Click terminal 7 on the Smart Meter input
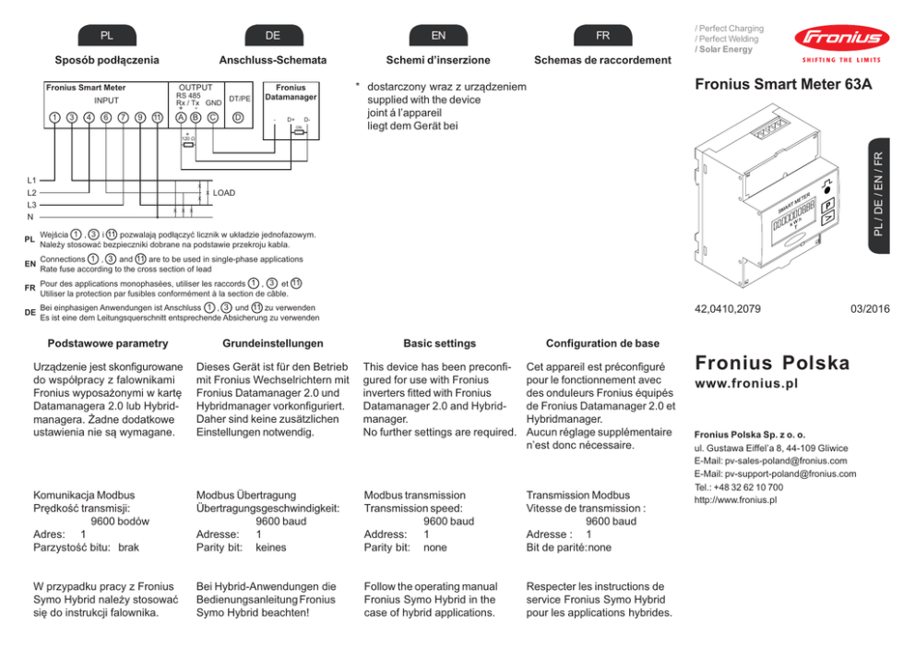122,118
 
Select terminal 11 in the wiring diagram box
158,118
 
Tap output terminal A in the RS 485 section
181,118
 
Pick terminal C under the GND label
213,118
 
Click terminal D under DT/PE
239,118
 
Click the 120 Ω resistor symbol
188,143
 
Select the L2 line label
32,193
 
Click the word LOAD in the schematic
224,194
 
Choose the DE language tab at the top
273,35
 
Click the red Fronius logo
838,40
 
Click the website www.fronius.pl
746,383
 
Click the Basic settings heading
439,343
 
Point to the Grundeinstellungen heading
273,343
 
